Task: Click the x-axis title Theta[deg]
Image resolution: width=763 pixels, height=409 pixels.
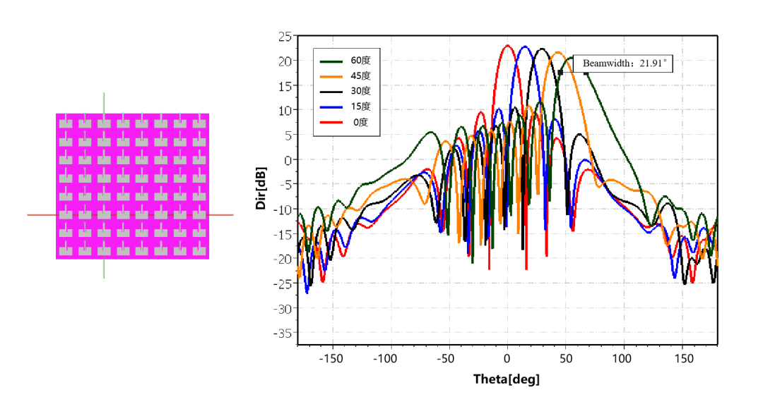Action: click(x=507, y=379)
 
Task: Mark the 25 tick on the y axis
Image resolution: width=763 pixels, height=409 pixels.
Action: click(x=285, y=36)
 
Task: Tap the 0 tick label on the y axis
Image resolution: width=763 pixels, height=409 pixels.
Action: click(x=288, y=160)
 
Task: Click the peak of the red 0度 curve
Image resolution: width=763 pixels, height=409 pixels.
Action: click(x=507, y=45)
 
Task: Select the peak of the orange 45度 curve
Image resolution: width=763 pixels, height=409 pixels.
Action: click(x=558, y=52)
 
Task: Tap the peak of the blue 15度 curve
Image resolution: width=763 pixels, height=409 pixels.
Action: click(x=524, y=47)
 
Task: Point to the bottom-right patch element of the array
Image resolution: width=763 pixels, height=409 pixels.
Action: click(x=200, y=249)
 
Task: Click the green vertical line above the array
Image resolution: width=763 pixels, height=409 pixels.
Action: click(x=104, y=102)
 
